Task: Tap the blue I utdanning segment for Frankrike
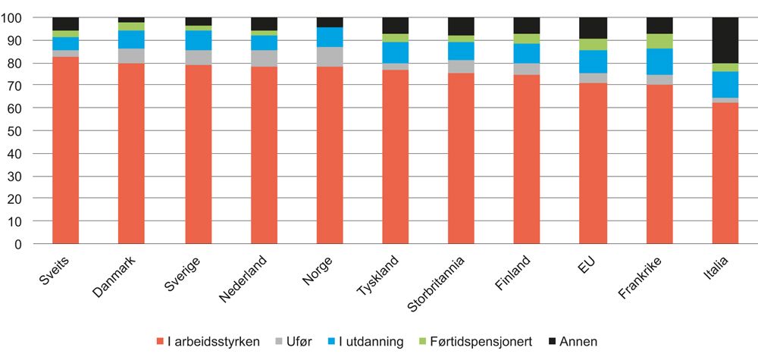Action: point(659,61)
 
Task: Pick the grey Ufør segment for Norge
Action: point(330,57)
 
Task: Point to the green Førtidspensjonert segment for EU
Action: point(593,44)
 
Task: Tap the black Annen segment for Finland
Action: point(527,25)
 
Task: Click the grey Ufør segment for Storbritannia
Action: point(462,67)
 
